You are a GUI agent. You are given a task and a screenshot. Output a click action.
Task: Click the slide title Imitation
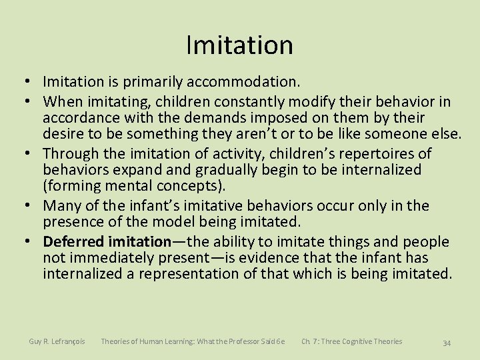(239, 45)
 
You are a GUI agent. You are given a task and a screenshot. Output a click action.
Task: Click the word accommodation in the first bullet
(244, 82)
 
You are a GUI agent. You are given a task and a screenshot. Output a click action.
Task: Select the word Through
(72, 154)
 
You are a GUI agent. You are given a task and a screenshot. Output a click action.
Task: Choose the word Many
(63, 206)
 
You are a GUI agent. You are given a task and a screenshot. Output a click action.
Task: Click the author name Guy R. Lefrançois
(57, 341)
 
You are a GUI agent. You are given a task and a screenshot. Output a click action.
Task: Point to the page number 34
(447, 343)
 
